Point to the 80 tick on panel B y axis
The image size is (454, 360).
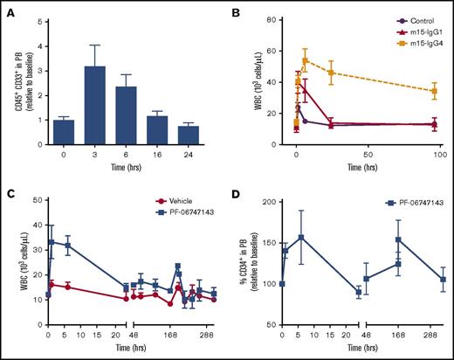point(280,19)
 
